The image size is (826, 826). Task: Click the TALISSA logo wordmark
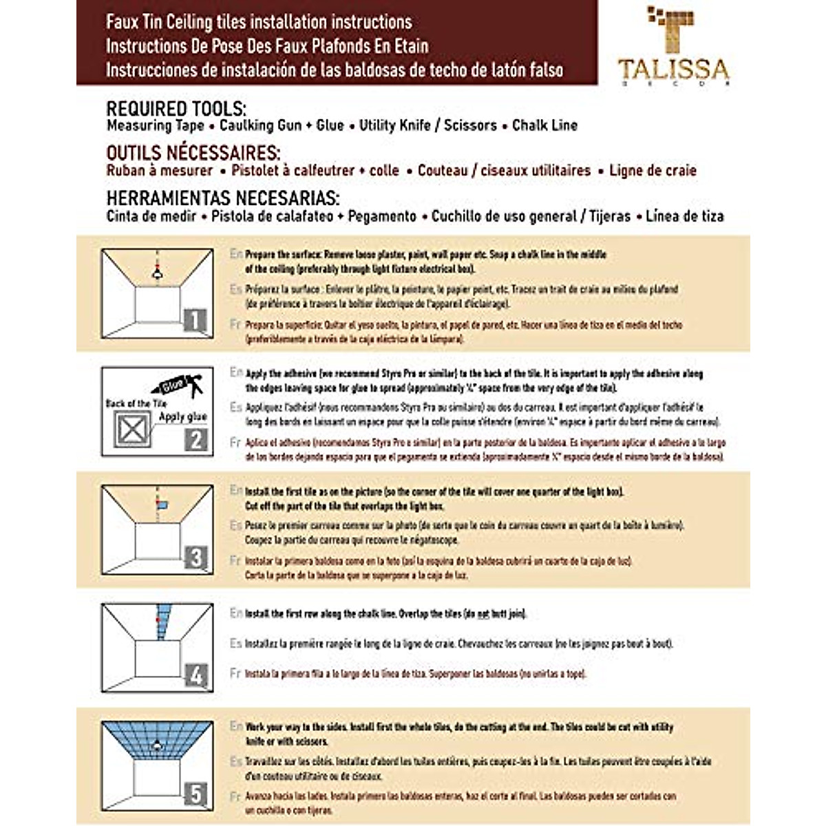[673, 69]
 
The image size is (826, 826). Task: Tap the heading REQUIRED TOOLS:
[176, 109]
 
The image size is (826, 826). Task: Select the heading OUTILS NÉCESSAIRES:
[193, 153]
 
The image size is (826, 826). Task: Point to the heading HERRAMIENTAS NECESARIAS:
[222, 198]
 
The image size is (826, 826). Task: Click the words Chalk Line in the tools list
[544, 125]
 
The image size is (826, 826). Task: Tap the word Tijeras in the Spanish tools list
[609, 216]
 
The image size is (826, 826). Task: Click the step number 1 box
[195, 320]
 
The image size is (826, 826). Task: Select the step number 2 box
[196, 439]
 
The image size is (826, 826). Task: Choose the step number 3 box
[196, 557]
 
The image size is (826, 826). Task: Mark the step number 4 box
[196, 675]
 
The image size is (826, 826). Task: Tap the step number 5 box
[196, 794]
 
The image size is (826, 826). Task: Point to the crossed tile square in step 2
[132, 430]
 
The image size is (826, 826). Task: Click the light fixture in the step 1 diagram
[157, 273]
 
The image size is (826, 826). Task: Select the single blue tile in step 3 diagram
[162, 506]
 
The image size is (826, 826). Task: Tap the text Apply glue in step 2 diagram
[182, 416]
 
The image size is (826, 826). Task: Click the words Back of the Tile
[136, 403]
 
